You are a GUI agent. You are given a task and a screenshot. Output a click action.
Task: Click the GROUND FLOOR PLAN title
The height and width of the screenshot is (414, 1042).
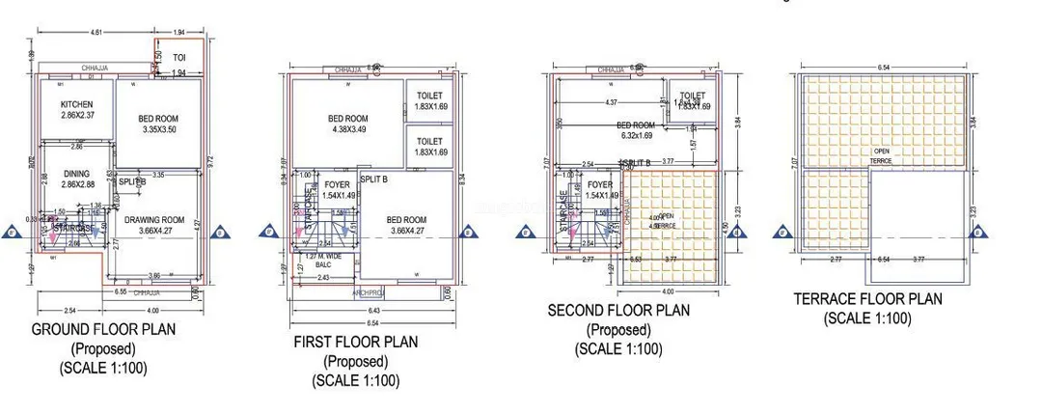click(x=104, y=330)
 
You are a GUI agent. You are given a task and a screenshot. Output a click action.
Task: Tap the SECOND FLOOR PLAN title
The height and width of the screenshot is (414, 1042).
click(x=618, y=311)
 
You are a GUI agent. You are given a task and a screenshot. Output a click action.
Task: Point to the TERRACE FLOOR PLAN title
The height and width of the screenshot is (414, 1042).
click(x=867, y=299)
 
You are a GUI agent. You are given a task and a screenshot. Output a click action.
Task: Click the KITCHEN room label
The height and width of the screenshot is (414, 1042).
click(x=76, y=104)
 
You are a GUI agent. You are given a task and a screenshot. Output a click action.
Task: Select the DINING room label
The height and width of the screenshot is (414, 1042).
click(x=76, y=175)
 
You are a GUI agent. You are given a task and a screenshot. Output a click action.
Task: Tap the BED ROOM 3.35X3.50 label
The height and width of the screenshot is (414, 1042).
click(x=159, y=119)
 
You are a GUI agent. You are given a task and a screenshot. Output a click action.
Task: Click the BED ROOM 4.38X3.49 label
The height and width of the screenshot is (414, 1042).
click(x=348, y=120)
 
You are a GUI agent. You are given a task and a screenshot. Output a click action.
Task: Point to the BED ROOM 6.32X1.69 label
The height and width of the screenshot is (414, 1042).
click(x=636, y=125)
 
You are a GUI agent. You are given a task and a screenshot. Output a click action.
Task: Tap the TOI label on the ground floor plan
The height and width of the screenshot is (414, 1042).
click(x=178, y=58)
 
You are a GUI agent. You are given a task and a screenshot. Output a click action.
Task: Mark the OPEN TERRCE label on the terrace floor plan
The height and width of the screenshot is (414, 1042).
click(x=882, y=153)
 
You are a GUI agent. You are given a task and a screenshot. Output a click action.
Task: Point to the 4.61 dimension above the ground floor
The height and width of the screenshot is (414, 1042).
click(x=96, y=33)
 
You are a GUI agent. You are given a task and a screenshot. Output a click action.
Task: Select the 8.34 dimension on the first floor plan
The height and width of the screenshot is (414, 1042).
click(x=463, y=179)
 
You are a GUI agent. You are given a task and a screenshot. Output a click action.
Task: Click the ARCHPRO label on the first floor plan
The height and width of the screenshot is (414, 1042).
click(x=369, y=290)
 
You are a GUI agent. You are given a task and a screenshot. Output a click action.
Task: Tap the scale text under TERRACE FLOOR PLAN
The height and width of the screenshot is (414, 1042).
click(x=867, y=317)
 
